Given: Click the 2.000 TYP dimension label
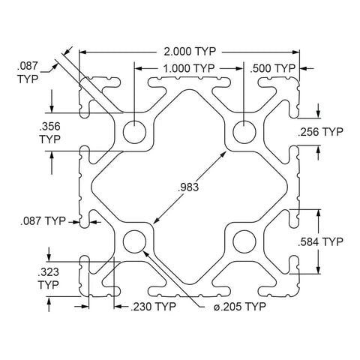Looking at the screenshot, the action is coord(190,52).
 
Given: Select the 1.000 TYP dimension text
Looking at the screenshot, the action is coord(189,68).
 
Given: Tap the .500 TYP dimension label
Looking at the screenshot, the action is coord(273,68).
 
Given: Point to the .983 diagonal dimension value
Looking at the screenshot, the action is coord(188,187).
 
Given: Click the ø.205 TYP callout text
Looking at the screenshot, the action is coord(240,306).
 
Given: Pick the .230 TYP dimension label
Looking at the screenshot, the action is coord(154,307).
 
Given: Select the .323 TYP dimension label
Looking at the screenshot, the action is coord(49,278).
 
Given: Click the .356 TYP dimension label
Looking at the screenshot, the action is coord(50,133).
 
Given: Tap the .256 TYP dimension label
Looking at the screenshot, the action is coord(320,132).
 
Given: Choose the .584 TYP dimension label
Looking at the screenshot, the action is coord(320,241).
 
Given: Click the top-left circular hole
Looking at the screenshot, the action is coord(134,132).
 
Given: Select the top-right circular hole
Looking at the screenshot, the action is coord(244,132).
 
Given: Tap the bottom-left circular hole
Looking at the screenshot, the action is coord(134,241).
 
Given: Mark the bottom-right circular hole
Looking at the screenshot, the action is coord(244,241).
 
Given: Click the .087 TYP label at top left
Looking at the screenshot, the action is coord(28,73).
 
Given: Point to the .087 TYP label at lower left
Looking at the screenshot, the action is coord(43,221).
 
